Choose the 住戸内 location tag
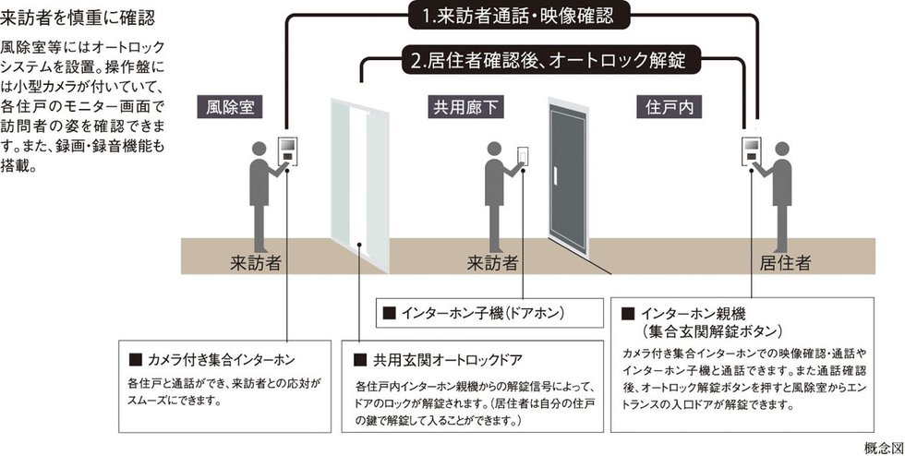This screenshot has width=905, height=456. tap(669, 107)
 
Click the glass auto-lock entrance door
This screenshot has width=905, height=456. tap(360, 180)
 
